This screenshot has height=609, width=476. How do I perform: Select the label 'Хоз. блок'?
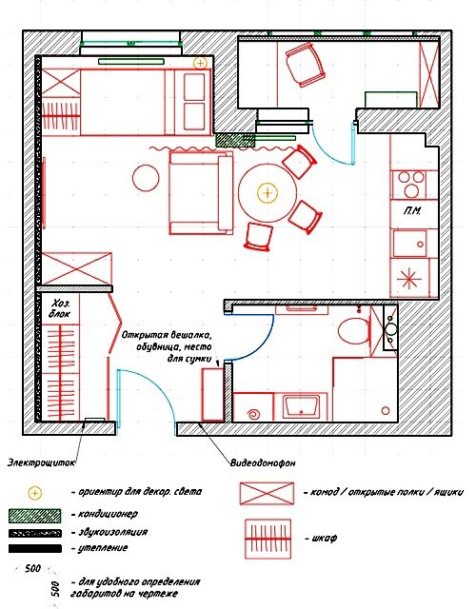point(60,308)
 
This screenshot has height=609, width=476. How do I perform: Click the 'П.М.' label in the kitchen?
point(412,211)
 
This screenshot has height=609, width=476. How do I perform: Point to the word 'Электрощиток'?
point(42,462)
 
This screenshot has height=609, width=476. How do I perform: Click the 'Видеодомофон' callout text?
point(263,462)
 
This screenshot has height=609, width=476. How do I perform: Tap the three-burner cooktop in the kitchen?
point(410,184)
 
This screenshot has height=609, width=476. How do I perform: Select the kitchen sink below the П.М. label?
point(410,244)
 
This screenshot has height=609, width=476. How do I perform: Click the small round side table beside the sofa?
point(146,178)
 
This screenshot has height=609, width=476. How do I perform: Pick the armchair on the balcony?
point(306,65)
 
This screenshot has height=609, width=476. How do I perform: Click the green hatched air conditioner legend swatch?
point(34,516)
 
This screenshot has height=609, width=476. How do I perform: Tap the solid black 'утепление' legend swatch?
point(34,548)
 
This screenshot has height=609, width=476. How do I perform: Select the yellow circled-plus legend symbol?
point(34,493)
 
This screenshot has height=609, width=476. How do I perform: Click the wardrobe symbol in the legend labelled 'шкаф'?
point(268,539)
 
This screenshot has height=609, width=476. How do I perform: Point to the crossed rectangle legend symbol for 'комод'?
point(267,493)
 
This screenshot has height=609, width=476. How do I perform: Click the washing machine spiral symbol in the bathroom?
point(254,414)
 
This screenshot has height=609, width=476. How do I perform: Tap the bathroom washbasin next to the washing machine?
point(302,406)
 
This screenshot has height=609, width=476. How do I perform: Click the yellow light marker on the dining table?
point(268,192)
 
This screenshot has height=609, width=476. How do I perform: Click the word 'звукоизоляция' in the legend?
point(113,532)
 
